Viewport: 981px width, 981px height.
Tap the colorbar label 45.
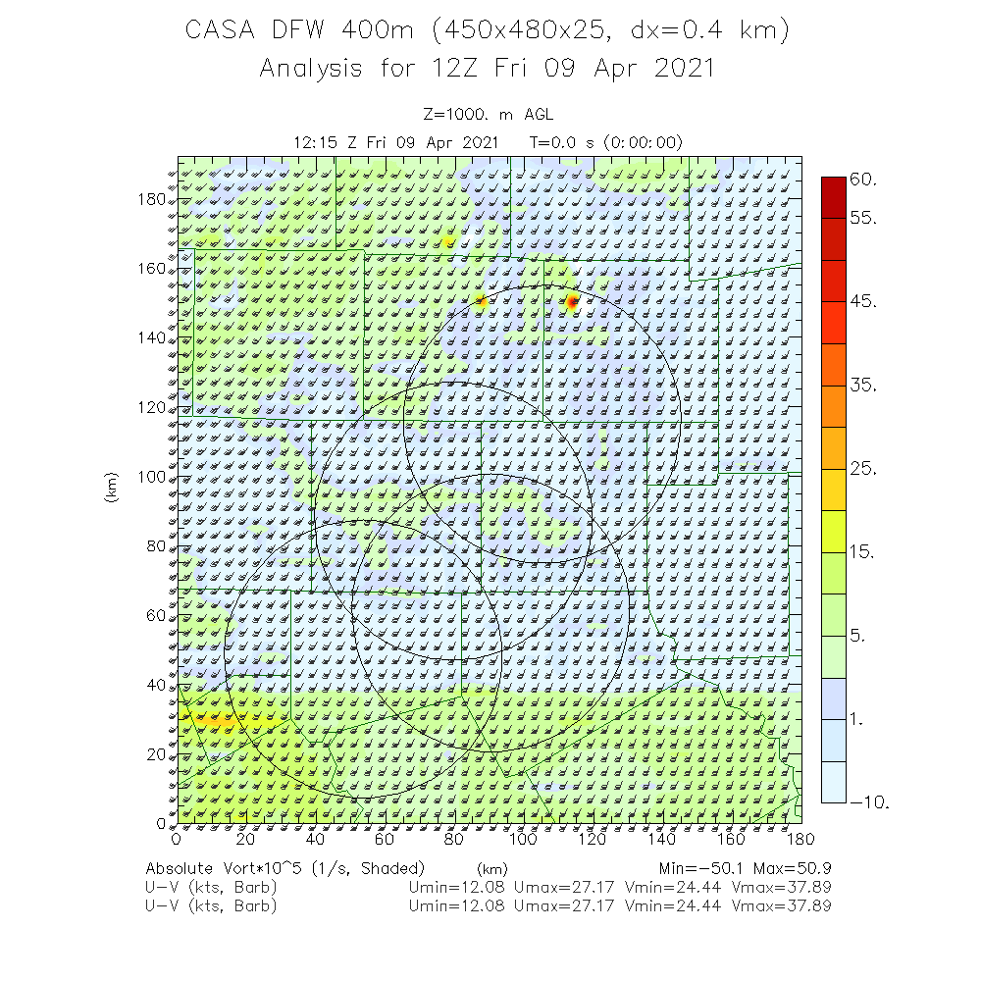[x=863, y=302]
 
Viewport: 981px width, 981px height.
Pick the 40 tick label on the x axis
[x=315, y=839]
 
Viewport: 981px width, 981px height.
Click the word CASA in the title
[x=221, y=31]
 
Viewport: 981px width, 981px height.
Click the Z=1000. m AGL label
[x=490, y=115]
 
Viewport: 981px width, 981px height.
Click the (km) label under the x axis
[x=491, y=869]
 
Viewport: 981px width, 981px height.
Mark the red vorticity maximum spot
[x=572, y=302]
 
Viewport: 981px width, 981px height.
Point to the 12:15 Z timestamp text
[x=328, y=142]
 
